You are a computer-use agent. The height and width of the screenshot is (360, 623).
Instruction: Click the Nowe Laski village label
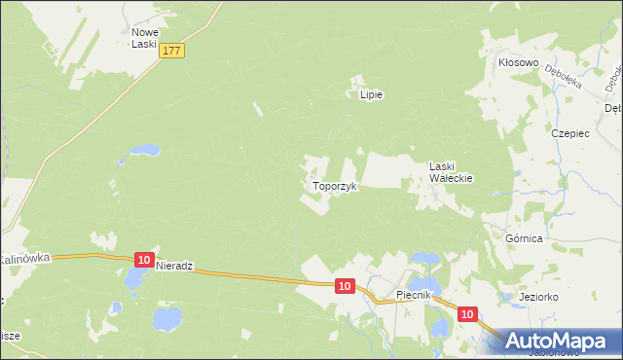click(145, 38)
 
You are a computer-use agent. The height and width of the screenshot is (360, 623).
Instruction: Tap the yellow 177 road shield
click(173, 51)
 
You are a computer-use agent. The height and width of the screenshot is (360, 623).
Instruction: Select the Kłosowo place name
click(519, 61)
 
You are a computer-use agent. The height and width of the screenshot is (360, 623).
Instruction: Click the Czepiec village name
click(571, 133)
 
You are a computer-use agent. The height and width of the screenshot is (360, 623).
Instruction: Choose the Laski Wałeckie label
click(451, 172)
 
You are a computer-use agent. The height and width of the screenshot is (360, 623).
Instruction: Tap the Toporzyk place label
click(336, 185)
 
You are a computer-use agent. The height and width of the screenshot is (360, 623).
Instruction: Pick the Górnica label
click(524, 237)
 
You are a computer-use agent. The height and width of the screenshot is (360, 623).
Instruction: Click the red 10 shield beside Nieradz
click(144, 260)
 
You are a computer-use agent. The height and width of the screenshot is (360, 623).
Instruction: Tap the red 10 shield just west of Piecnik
click(345, 286)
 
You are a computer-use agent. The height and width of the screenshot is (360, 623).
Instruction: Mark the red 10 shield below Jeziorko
click(467, 314)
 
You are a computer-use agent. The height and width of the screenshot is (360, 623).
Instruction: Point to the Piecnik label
click(420, 295)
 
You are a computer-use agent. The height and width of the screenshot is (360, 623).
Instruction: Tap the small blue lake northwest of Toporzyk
click(143, 151)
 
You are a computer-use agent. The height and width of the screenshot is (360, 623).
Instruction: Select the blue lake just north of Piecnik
click(425, 259)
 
